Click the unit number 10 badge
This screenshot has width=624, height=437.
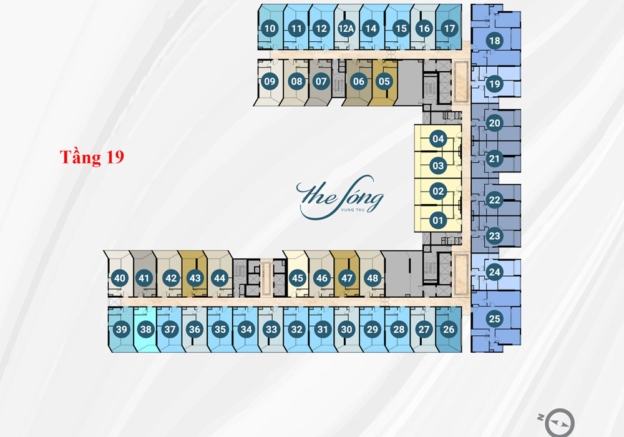coord(270,28)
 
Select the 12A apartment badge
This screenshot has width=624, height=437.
coord(346,28)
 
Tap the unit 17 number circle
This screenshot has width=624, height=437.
coord(449,28)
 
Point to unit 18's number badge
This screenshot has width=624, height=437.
coord(495,41)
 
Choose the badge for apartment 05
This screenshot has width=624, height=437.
coord(384,81)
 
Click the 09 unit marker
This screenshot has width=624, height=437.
coord(270,81)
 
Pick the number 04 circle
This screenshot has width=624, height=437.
coord(438,139)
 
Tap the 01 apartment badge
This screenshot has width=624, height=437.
coord(438,220)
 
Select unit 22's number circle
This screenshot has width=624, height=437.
coord(495,200)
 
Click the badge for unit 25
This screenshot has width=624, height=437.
coord(495,318)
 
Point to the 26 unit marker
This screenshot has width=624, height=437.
coord(449,329)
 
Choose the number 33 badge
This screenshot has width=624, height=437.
coord(271,329)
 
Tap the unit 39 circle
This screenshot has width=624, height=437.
coord(122,329)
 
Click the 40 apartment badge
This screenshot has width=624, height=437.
coord(120,278)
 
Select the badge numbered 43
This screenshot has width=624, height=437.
coord(195,278)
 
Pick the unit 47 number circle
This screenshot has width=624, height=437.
coord(347,278)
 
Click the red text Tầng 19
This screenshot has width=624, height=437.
coord(92,157)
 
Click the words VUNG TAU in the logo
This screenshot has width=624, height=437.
coord(353,210)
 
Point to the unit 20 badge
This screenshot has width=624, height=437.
coord(495,123)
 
